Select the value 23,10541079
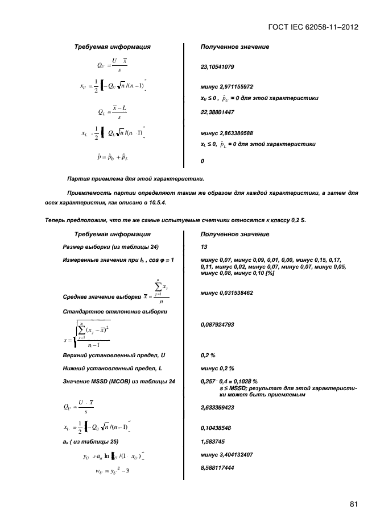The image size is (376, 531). tap(218, 67)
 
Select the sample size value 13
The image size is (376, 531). tap(204, 247)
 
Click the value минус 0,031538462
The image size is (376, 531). tap(227, 292)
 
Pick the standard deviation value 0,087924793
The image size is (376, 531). tap(220, 325)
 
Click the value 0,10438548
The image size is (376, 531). tap(218, 428)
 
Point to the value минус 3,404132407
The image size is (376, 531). tap(227, 454)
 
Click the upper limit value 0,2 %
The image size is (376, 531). tap(208, 355)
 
